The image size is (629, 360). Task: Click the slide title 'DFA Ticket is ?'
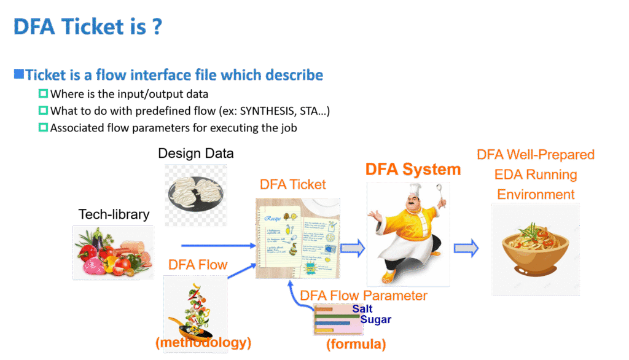tap(88, 27)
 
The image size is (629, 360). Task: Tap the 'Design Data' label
tap(196, 153)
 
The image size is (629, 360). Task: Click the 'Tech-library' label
tap(114, 214)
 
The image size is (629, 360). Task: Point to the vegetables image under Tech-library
tap(113, 252)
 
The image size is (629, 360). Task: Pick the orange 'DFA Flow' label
tap(198, 265)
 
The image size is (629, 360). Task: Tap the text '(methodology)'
tap(204, 342)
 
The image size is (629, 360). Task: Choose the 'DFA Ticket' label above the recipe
tap(293, 184)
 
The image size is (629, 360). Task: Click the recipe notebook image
tap(298, 237)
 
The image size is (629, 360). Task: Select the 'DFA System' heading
tap(413, 170)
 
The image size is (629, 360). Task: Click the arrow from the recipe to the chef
tap(353, 248)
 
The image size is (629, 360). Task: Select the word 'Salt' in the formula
tap(362, 309)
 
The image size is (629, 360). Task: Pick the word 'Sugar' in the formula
tap(375, 319)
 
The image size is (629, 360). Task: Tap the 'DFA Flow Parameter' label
tap(363, 295)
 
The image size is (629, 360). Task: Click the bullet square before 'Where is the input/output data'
tap(43, 94)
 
